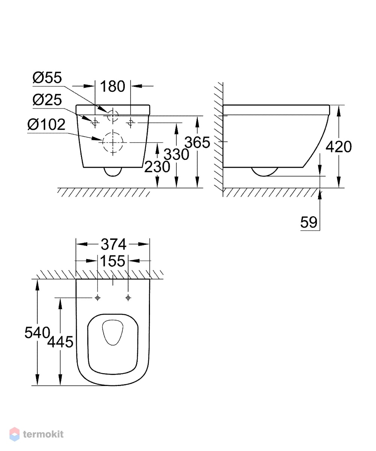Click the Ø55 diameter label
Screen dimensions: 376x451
(x=47, y=77)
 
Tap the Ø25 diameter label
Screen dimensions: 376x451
(x=47, y=100)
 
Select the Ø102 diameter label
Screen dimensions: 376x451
(x=47, y=125)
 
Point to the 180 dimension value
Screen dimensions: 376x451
(x=113, y=86)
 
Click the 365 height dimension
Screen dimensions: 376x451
(x=197, y=143)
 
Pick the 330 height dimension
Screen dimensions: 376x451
(x=176, y=155)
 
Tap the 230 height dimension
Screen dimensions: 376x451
(x=157, y=167)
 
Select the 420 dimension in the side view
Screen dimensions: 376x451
(x=339, y=147)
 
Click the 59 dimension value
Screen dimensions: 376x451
(x=309, y=222)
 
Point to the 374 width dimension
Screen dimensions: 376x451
(x=114, y=244)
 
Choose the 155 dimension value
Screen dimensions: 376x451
(x=113, y=261)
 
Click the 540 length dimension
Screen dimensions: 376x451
(x=37, y=333)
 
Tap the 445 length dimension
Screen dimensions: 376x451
(x=61, y=342)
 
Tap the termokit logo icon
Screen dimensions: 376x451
(x=15, y=434)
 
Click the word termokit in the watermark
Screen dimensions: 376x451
(x=43, y=434)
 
